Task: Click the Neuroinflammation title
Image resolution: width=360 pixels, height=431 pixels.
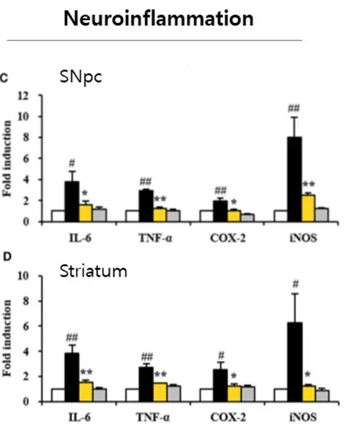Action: (159, 19)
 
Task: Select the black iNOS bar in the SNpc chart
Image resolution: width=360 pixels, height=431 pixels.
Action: (294, 179)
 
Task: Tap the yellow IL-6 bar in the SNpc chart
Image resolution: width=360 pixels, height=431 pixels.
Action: (86, 213)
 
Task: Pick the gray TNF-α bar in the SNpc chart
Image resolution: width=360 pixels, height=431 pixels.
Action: (173, 215)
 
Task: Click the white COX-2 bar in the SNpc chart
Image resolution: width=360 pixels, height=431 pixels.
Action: (207, 215)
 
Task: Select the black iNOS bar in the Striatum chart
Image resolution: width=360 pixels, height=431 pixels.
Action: (295, 362)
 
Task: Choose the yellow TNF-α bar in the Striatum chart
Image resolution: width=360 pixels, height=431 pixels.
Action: (160, 392)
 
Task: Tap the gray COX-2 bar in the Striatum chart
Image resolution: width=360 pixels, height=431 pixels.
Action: (248, 394)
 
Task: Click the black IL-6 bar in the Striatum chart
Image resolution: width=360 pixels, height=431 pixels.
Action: (72, 378)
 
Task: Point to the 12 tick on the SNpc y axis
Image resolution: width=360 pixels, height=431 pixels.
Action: (23, 96)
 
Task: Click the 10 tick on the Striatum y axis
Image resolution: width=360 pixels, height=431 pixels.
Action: (23, 276)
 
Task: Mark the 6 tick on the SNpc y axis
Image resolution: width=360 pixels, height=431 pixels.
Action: (26, 159)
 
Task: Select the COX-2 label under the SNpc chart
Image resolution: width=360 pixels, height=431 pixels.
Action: (227, 238)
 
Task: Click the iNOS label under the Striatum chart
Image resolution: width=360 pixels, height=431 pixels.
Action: (303, 417)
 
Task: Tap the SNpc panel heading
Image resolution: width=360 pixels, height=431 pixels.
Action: (81, 77)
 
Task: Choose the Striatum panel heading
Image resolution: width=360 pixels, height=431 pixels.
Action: (93, 271)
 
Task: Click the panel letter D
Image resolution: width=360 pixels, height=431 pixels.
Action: (7, 257)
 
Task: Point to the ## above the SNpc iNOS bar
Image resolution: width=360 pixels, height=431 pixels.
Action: (294, 109)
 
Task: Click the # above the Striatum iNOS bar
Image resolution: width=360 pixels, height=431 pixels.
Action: (295, 284)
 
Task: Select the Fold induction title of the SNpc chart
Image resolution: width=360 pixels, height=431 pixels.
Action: (8, 159)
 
